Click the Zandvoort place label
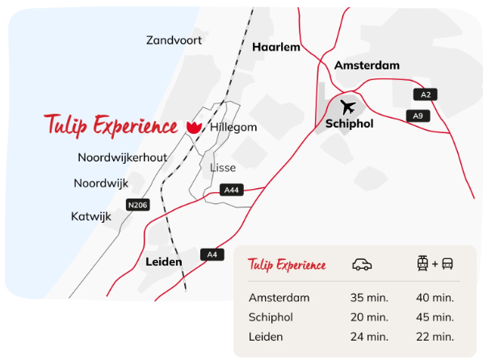tap(174, 40)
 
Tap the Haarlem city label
tap(275, 48)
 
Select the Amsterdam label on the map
tap(367, 65)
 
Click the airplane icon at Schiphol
tap(348, 106)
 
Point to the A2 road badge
tap(425, 95)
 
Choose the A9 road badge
tap(418, 116)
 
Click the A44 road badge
tap(231, 190)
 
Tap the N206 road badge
tap(138, 205)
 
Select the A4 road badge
tap(212, 255)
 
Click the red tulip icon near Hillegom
tap(193, 128)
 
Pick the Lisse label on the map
tap(222, 168)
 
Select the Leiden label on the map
tap(163, 262)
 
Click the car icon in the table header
tap(363, 265)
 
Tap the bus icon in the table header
tap(447, 264)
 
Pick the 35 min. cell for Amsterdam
tap(368, 297)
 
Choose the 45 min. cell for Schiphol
tap(435, 316)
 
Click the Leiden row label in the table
tap(267, 336)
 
